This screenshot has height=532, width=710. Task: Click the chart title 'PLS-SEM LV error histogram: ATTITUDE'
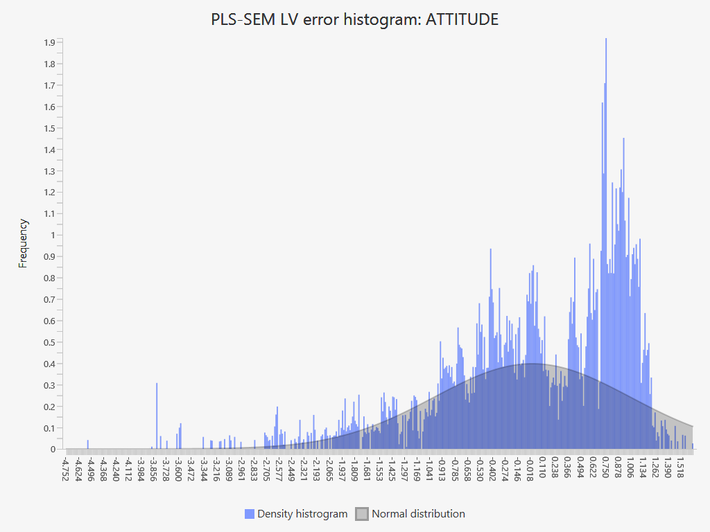[x=354, y=19]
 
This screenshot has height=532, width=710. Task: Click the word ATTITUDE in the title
[x=462, y=19]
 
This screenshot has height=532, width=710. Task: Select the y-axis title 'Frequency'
[x=24, y=243]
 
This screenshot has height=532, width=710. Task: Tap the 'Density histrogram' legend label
[x=302, y=514]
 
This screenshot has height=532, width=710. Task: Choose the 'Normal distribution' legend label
[x=418, y=514]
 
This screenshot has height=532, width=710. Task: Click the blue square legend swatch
[x=250, y=514]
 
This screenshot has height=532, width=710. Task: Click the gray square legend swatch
[x=362, y=514]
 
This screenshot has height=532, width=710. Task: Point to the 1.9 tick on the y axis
[x=49, y=43]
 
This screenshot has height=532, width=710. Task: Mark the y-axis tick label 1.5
[x=49, y=128]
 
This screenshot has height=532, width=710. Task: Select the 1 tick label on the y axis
[x=52, y=236]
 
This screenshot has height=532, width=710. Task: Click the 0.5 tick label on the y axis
[x=49, y=342]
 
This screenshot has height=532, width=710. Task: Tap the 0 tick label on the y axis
[x=52, y=450]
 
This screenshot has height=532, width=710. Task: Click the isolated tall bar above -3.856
[x=157, y=416]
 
